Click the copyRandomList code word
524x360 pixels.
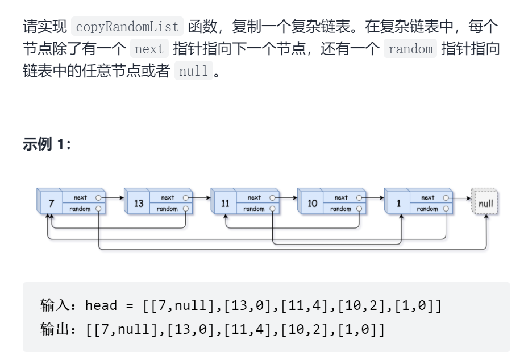click(x=127, y=26)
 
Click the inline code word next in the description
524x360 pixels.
click(x=149, y=49)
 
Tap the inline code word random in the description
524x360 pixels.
click(x=410, y=49)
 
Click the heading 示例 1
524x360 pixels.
click(x=47, y=144)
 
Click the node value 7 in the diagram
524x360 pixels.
click(x=51, y=203)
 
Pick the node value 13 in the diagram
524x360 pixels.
click(x=139, y=203)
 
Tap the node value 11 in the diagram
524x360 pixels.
click(x=226, y=203)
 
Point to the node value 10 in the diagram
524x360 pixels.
click(x=313, y=203)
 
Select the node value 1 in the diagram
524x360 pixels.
click(x=399, y=203)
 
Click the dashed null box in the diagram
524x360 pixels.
click(x=485, y=203)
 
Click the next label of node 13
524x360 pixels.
click(x=168, y=197)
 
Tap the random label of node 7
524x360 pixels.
click(x=80, y=209)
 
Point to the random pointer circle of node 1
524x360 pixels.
click(x=446, y=209)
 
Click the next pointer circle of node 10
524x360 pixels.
click(x=359, y=197)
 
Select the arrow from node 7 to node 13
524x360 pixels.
click(x=114, y=197)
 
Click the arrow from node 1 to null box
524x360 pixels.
click(x=460, y=197)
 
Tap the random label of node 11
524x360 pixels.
click(x=254, y=209)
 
